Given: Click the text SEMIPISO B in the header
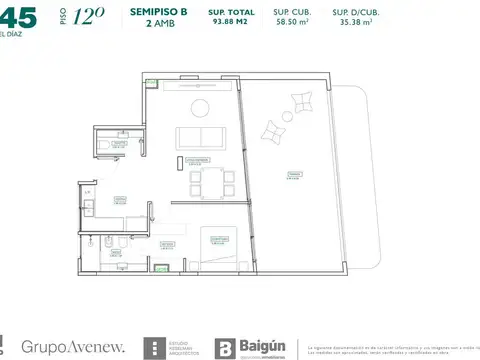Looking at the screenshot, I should (158, 11).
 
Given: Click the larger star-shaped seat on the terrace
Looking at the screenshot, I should (274, 129).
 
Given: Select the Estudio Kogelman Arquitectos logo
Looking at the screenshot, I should (170, 347).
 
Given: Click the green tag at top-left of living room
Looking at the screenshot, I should (150, 83).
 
